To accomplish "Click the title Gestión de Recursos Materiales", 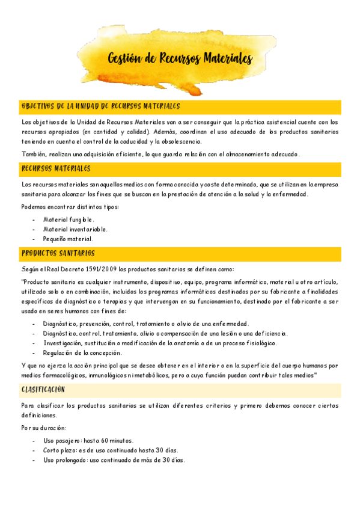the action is coord(180,59).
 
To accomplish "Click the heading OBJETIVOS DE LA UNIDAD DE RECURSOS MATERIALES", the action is coord(100,106).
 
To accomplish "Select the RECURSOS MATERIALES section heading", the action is coord(56,168).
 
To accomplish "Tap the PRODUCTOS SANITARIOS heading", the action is coord(58,253).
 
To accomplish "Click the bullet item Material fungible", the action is coord(69,220).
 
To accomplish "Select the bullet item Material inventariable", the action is coord(75,229).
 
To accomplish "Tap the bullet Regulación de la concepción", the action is coord(82,353).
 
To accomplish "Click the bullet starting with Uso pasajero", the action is coord(88,441).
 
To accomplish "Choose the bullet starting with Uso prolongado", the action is coord(114,460).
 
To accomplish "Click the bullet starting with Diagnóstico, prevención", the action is coord(145,324).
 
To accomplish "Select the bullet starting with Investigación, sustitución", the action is coord(160,343).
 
